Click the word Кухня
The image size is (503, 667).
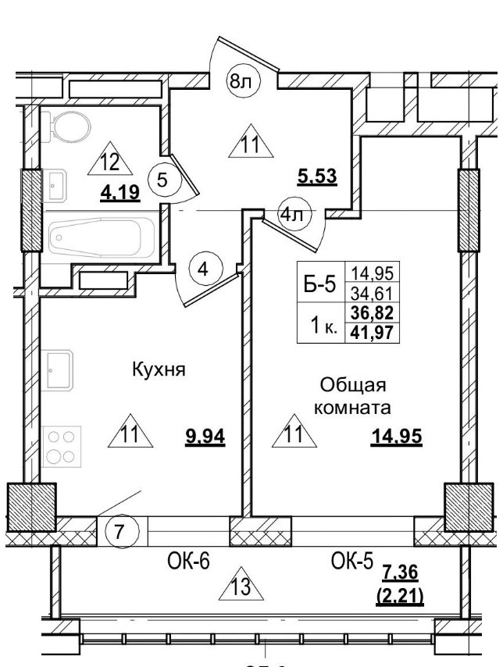coord(158,370)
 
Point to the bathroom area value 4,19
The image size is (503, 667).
coord(119,191)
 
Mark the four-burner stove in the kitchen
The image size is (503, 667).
coord(62,446)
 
